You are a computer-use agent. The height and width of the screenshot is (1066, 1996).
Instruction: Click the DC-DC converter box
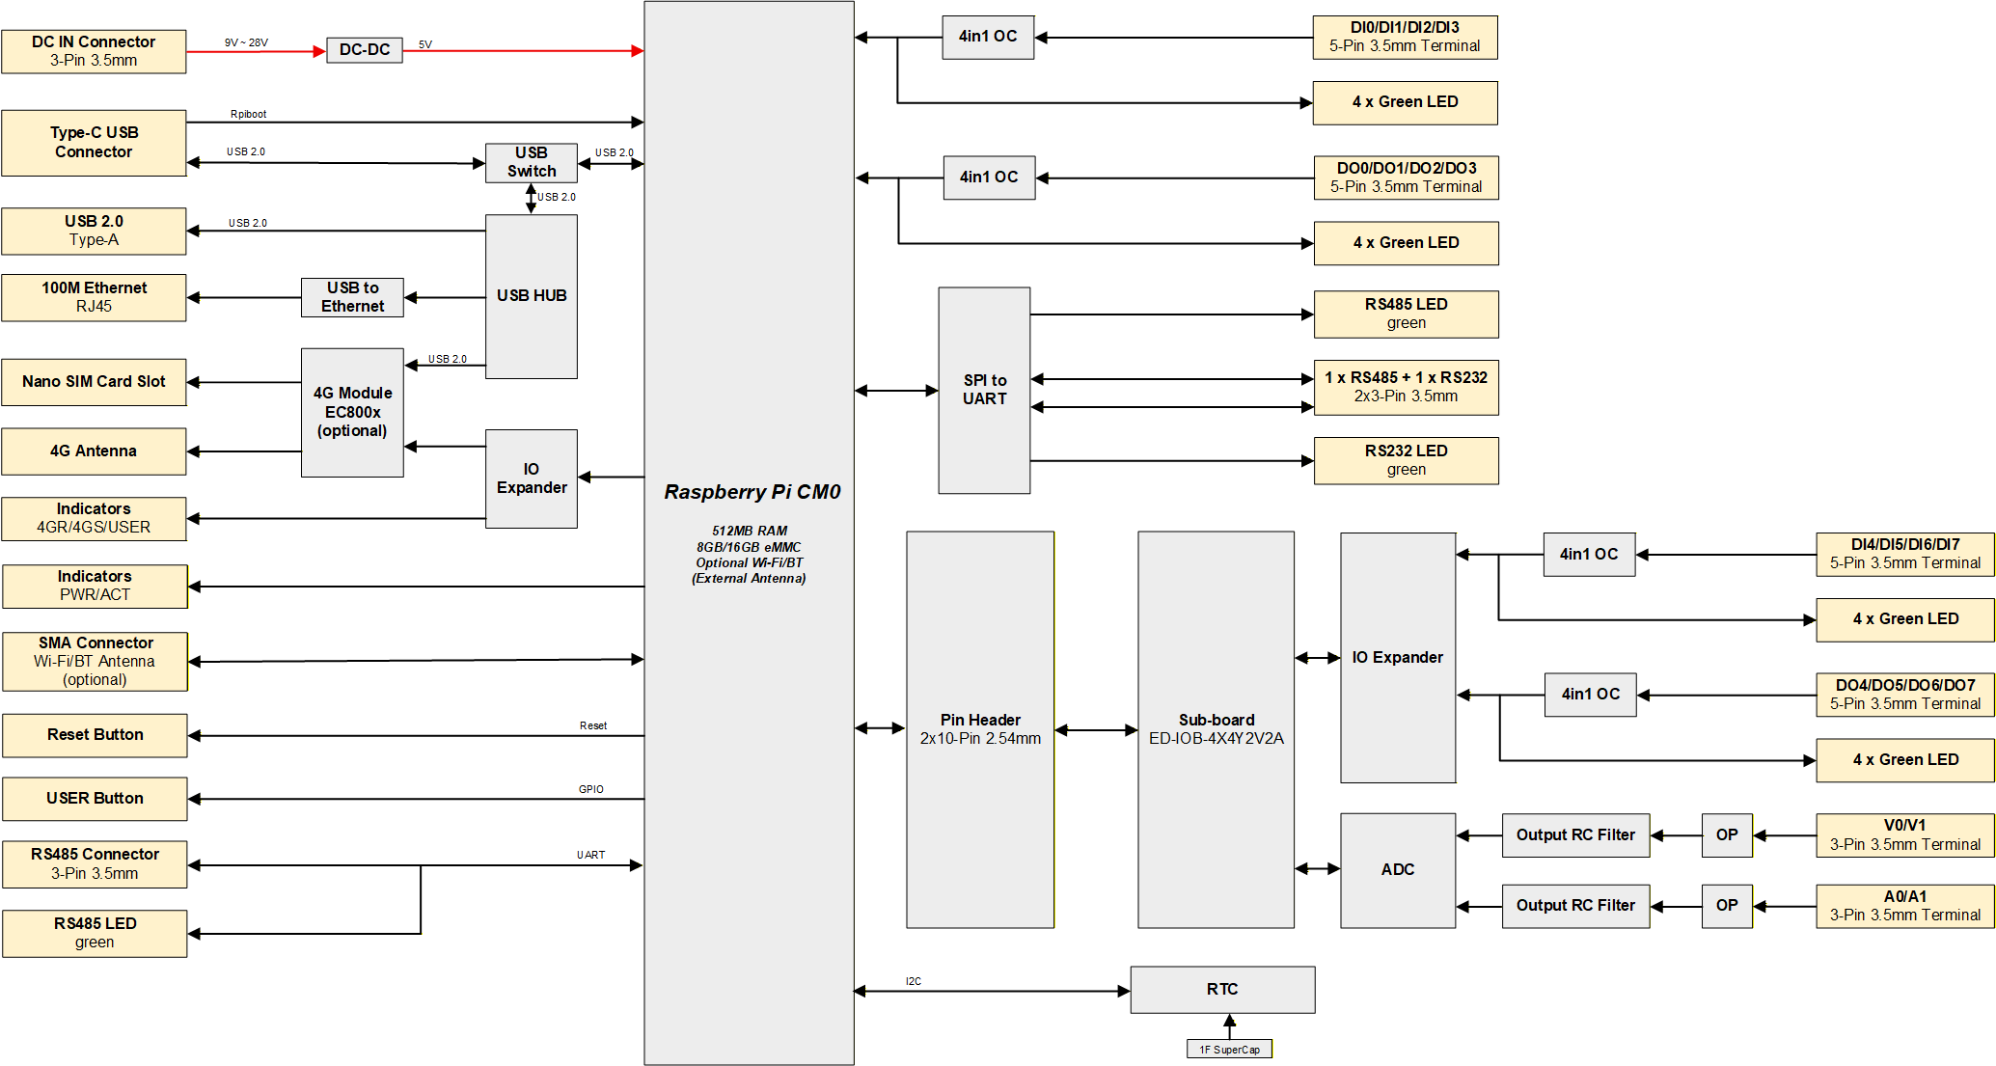(x=364, y=50)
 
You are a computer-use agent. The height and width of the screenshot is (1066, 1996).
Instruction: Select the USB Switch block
(x=531, y=162)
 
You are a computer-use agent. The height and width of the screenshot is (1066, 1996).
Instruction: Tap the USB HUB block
(x=531, y=296)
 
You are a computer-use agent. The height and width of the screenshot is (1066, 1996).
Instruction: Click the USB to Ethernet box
(x=352, y=297)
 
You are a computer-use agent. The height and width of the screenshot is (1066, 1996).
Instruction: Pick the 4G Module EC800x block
(x=352, y=412)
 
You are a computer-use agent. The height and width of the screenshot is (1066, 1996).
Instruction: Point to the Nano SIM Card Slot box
(x=94, y=382)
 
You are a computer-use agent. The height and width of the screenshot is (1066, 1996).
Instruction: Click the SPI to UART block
(x=984, y=390)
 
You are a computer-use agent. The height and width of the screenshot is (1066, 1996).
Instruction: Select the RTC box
(x=1221, y=990)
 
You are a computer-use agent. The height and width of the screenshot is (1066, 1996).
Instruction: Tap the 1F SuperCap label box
(x=1229, y=1050)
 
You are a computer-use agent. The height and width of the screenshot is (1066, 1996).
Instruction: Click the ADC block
(x=1397, y=870)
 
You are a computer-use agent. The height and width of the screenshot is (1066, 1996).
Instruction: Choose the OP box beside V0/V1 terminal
(x=1727, y=835)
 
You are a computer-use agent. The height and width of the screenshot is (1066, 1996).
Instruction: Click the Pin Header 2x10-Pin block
(x=980, y=729)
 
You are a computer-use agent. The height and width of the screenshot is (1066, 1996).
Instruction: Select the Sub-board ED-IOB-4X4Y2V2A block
(x=1216, y=729)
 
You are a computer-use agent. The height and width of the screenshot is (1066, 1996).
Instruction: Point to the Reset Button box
(x=95, y=735)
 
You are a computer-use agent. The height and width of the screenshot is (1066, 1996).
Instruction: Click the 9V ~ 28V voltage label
(x=246, y=42)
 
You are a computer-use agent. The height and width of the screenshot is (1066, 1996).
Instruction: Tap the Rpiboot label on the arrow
(x=248, y=114)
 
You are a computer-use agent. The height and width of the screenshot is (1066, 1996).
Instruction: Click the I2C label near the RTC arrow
(x=913, y=981)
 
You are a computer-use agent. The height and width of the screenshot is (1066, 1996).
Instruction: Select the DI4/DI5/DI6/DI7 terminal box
(x=1904, y=554)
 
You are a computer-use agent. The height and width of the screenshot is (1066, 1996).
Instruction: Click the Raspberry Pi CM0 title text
(x=752, y=492)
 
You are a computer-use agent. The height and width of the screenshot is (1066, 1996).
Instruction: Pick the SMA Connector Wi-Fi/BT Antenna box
(x=95, y=662)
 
